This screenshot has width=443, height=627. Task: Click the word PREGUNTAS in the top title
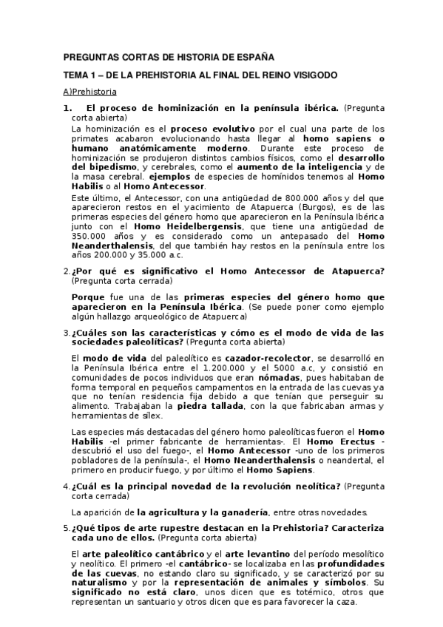pyautogui.click(x=85, y=57)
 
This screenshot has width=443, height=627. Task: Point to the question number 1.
pyautogui.click(x=67, y=108)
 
